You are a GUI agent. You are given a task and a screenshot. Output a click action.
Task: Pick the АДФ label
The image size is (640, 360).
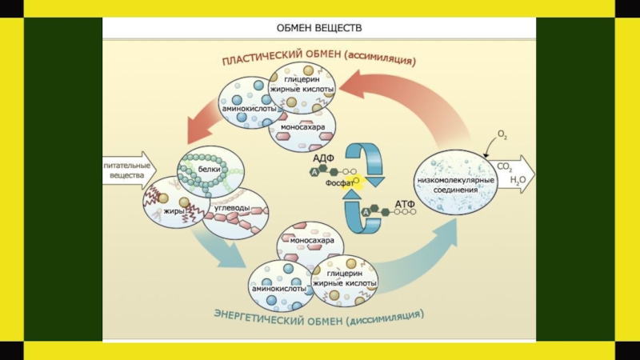[322, 158]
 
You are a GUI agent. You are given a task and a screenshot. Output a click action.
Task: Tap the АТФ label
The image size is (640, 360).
[405, 206]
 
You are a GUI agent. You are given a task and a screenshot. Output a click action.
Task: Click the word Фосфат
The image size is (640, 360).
[339, 183]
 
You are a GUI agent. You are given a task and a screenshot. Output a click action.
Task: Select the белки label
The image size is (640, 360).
[210, 170]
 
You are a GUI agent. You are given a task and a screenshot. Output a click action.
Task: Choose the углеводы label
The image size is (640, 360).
[232, 208]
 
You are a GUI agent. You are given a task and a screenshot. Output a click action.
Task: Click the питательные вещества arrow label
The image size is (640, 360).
[124, 168]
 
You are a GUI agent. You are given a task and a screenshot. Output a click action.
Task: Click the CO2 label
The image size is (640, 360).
[505, 167]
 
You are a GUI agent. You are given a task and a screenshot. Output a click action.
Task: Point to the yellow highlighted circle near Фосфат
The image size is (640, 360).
[358, 182]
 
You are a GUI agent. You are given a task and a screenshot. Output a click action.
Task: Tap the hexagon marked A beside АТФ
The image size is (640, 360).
[365, 212]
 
